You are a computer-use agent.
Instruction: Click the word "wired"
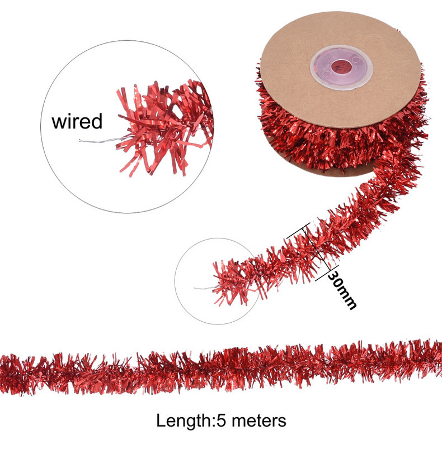click(77, 121)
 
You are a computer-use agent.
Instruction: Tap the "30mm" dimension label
click(342, 289)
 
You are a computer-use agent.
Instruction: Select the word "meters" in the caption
click(259, 420)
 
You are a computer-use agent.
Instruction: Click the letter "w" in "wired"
click(58, 122)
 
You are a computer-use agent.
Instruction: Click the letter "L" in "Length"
click(161, 420)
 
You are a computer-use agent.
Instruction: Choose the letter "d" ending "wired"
click(96, 121)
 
